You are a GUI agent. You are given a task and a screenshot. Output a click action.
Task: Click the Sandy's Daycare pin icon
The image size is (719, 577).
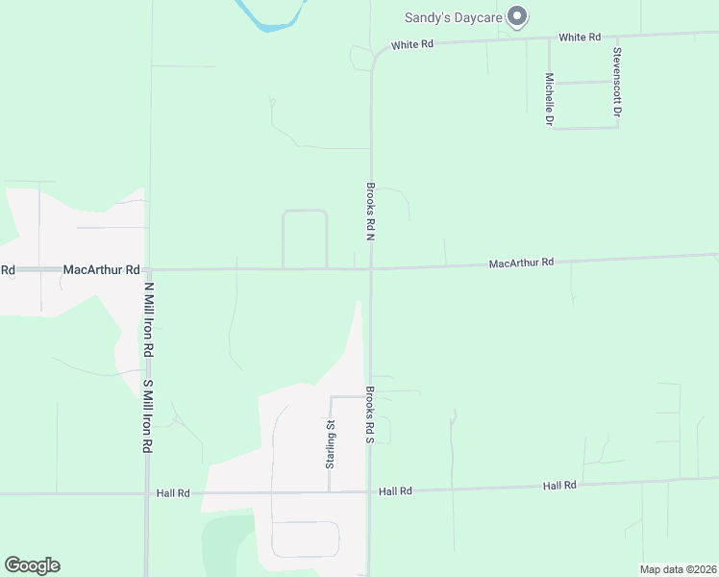(518, 15)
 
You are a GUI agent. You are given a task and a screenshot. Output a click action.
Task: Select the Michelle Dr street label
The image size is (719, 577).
(549, 100)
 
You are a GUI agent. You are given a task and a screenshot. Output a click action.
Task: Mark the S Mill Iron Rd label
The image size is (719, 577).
(148, 416)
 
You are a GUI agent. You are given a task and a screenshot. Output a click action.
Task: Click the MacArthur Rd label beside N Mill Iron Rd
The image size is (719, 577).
(102, 270)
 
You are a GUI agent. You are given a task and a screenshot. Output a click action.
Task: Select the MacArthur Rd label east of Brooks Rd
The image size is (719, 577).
(521, 263)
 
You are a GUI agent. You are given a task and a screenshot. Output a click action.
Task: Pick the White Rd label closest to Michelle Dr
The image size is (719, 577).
(580, 38)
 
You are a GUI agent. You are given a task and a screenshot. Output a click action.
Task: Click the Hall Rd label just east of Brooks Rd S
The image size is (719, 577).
(395, 491)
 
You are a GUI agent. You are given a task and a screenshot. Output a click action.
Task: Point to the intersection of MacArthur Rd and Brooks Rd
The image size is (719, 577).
(371, 268)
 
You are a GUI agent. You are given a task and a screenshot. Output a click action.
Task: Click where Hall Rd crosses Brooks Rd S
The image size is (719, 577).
(370, 492)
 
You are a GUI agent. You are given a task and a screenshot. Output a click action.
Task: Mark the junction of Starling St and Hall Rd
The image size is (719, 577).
(330, 492)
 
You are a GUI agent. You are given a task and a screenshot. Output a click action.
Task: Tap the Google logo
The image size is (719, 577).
(32, 565)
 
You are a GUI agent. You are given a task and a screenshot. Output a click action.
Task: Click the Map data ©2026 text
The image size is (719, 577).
(677, 569)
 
